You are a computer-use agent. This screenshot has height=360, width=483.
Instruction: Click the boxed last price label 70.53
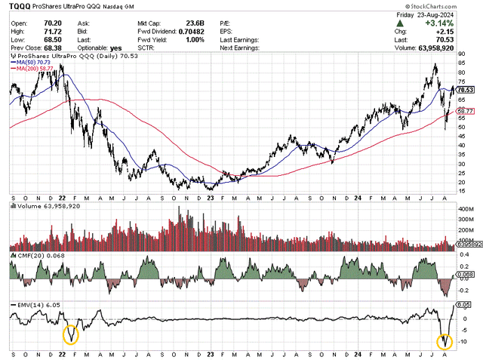point(466,88)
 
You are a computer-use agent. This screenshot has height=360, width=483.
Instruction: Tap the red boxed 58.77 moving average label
point(466,110)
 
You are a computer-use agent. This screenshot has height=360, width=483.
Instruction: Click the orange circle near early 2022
point(70,334)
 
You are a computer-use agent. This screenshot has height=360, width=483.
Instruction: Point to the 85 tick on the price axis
point(463,65)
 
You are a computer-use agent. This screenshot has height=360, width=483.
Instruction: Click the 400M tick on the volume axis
point(465,208)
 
